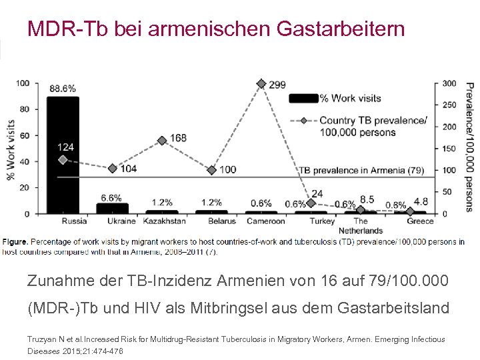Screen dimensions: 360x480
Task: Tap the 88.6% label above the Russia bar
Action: click(62, 88)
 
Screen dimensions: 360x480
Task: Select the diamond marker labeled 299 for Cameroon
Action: click(261, 84)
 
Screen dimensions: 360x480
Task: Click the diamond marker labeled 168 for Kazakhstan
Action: click(162, 141)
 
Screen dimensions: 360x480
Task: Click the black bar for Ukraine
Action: click(113, 209)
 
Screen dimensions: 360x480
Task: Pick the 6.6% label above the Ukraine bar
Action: click(111, 198)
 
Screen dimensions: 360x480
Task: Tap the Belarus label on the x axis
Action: click(221, 221)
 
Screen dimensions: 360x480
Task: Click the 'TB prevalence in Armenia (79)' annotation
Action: click(361, 170)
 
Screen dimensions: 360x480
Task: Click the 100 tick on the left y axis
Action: click(23, 83)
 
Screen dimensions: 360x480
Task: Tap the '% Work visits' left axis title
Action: click(9, 148)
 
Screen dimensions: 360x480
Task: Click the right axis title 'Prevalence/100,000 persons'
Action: click(469, 147)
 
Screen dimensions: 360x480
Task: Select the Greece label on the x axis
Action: click(419, 221)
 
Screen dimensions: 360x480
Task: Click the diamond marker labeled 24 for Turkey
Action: click(311, 203)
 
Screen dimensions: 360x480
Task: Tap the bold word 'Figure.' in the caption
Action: click(15, 241)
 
